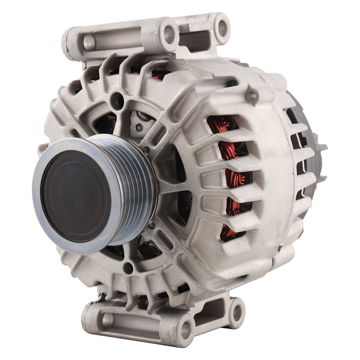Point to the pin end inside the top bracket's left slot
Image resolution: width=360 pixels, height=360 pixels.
pos(89,42)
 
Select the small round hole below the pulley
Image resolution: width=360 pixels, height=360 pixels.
pos(127,268)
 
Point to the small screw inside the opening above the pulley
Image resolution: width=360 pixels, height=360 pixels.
pos(139,126)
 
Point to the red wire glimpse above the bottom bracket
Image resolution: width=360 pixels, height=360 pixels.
pos(183,288)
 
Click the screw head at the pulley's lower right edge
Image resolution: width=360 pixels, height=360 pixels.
pos(151,224)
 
